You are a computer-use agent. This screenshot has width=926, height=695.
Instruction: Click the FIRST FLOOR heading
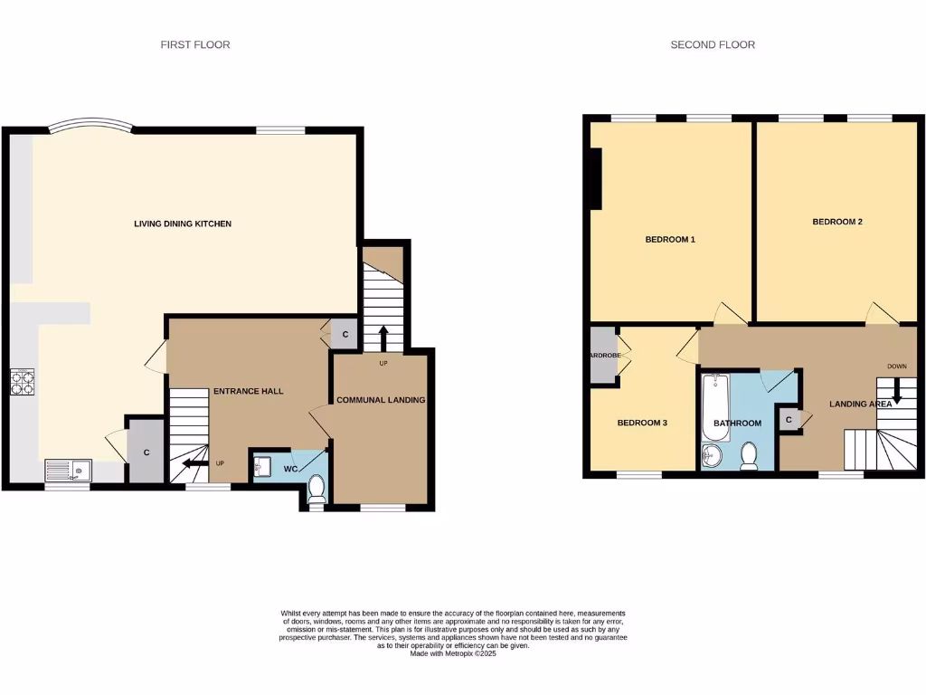point(195,44)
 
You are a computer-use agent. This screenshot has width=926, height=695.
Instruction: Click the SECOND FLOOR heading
point(713,44)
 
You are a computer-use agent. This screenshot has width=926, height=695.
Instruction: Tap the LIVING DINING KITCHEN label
point(184,224)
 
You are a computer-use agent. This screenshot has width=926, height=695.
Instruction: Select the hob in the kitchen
point(23,384)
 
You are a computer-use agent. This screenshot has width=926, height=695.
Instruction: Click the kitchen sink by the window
point(68,471)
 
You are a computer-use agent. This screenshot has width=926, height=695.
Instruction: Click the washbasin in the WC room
point(262,467)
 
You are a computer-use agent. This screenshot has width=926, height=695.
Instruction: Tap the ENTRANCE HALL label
point(249,391)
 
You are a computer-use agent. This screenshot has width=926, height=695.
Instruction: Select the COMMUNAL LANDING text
point(381,399)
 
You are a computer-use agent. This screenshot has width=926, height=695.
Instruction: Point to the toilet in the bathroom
point(749,455)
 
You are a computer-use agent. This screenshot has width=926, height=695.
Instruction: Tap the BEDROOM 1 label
point(670,240)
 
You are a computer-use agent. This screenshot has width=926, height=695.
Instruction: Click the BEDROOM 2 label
point(836,221)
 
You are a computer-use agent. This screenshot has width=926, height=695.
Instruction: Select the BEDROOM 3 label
point(642,423)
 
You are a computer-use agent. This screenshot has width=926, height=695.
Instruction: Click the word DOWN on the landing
point(896,367)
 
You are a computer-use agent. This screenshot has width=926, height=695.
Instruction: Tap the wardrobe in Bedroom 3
point(602,355)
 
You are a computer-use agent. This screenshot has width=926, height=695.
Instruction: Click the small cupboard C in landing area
point(789,420)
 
